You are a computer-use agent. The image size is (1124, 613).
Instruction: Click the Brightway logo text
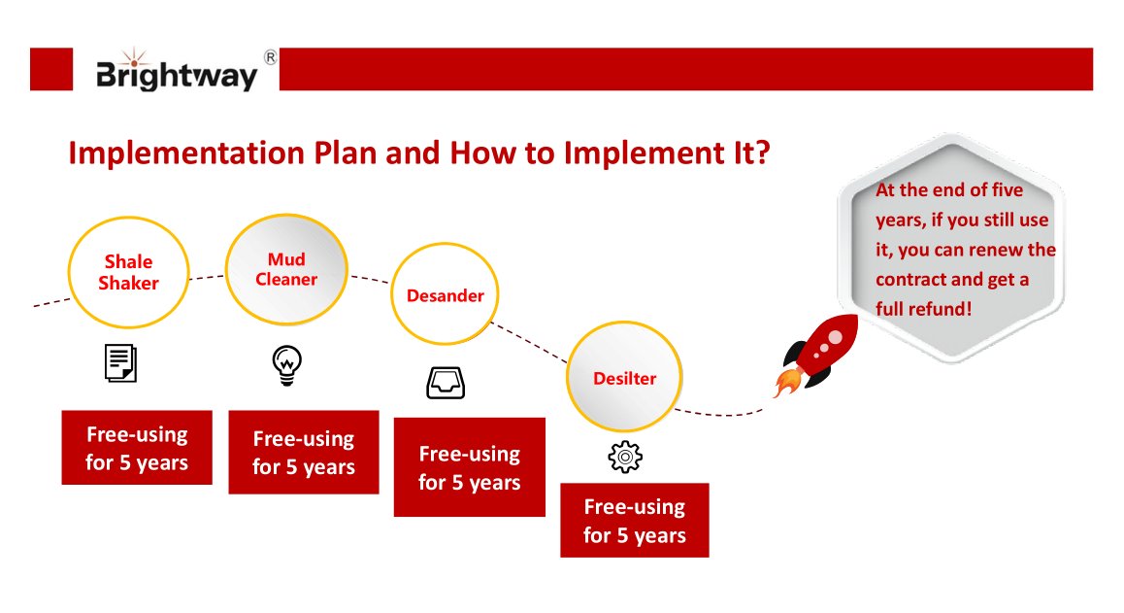pyautogui.click(x=176, y=74)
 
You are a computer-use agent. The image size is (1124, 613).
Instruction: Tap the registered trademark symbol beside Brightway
pyautogui.click(x=270, y=58)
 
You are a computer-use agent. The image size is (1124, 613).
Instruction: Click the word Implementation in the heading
pyautogui.click(x=165, y=153)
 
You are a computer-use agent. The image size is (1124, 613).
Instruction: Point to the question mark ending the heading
pyautogui.click(x=761, y=153)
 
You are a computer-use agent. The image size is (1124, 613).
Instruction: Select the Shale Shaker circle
pyautogui.click(x=128, y=272)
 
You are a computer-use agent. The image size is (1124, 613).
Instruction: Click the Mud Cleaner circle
pyautogui.click(x=286, y=268)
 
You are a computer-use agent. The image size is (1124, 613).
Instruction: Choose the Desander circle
pyautogui.click(x=445, y=295)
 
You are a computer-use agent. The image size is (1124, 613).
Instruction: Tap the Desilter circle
pyautogui.click(x=624, y=378)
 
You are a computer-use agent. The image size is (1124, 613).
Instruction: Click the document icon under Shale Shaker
pyautogui.click(x=120, y=362)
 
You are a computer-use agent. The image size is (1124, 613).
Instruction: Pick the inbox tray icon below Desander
pyautogui.click(x=446, y=382)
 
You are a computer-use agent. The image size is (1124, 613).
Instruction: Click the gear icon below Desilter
pyautogui.click(x=625, y=456)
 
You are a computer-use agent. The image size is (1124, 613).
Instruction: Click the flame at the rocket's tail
pyautogui.click(x=785, y=383)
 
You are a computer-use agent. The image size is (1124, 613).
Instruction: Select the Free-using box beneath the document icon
pyautogui.click(x=136, y=448)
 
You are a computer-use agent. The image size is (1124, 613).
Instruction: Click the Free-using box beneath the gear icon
pyautogui.click(x=635, y=521)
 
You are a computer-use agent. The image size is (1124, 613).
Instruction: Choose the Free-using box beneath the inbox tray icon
pyautogui.click(x=469, y=467)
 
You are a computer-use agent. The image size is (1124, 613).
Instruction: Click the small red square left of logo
pyautogui.click(x=51, y=69)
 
